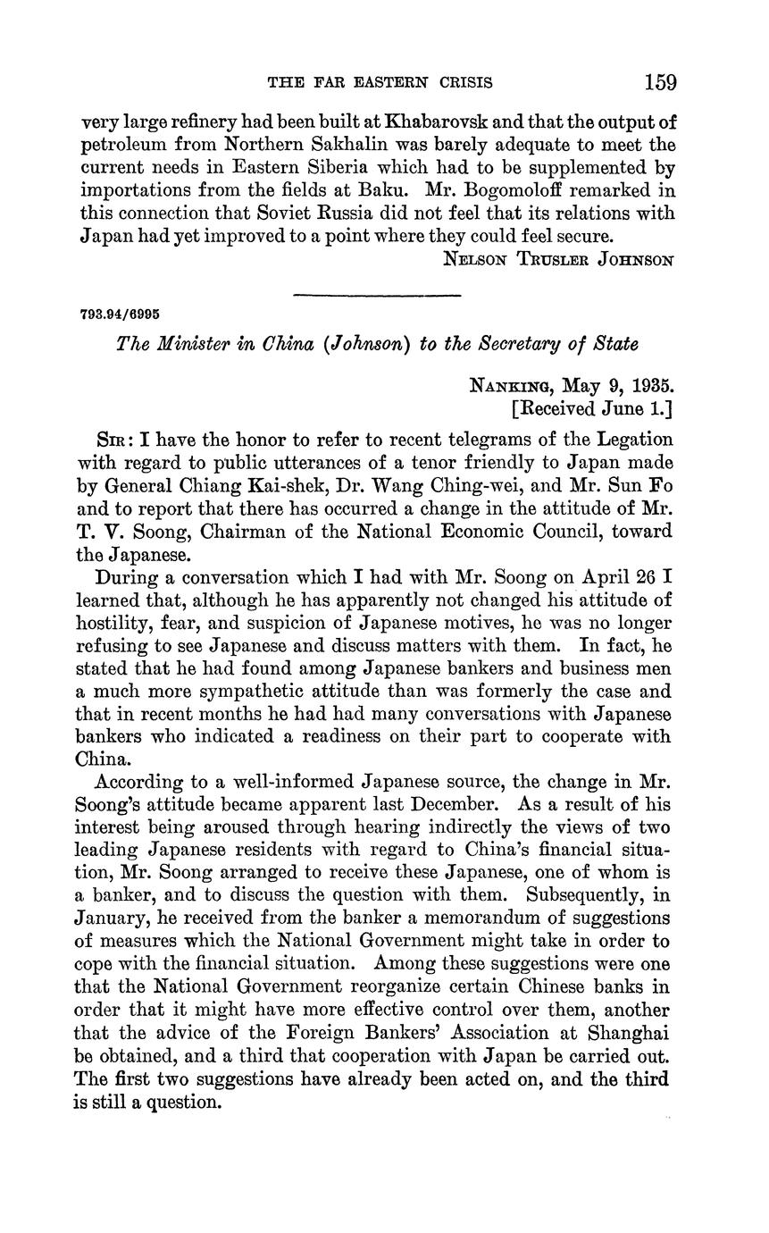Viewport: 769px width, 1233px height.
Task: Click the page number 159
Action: [x=659, y=83]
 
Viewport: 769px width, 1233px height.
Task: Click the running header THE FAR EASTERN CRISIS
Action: [x=380, y=83]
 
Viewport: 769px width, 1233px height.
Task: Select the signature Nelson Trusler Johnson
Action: [x=558, y=260]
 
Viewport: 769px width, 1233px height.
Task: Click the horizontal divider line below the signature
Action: [x=376, y=295]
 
